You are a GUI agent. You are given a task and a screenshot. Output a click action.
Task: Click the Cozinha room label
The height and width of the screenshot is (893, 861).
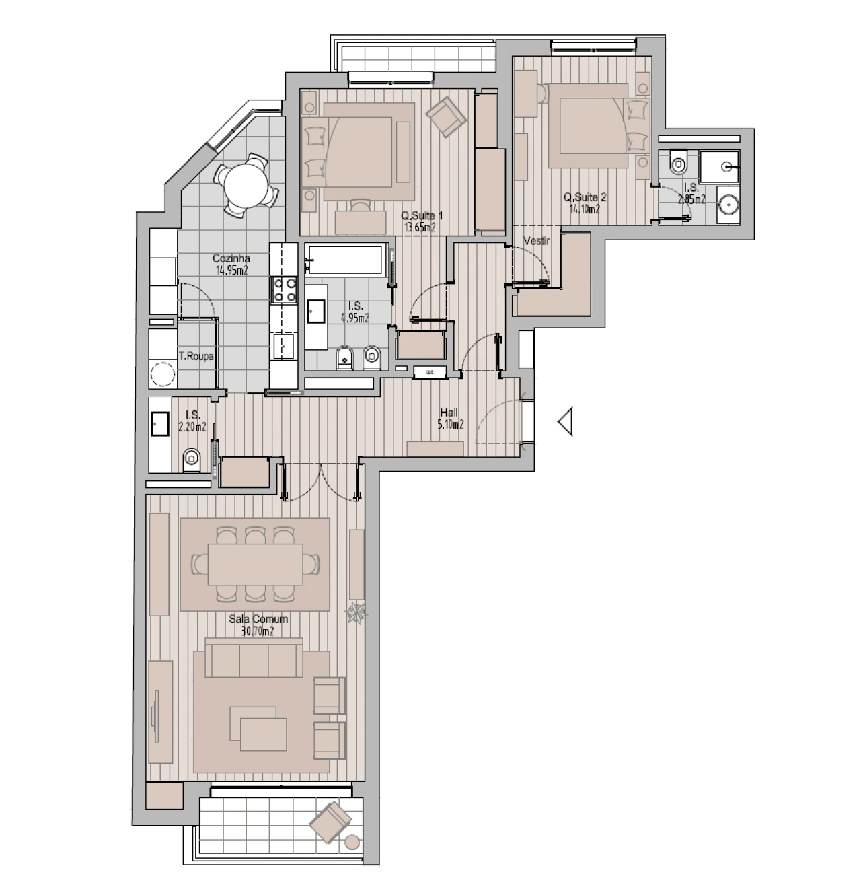231,258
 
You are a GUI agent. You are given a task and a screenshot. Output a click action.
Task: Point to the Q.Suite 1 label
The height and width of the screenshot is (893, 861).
422,216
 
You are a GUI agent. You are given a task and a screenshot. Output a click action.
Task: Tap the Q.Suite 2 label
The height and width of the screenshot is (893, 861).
585,198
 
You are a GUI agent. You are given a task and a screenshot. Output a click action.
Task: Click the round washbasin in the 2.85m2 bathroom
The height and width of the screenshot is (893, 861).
727,205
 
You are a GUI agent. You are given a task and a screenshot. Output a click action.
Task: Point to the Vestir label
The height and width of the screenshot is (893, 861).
537,241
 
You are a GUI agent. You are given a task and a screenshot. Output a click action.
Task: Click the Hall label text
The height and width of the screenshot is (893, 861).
449,413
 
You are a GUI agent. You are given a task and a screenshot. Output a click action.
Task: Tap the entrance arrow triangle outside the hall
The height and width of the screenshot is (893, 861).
565,422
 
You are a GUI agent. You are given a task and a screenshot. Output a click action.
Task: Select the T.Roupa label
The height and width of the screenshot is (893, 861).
196,357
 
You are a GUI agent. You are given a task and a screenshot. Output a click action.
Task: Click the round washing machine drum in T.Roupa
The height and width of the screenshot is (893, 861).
161,374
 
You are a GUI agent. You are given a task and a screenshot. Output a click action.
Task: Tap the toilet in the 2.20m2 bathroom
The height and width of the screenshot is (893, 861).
192,459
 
